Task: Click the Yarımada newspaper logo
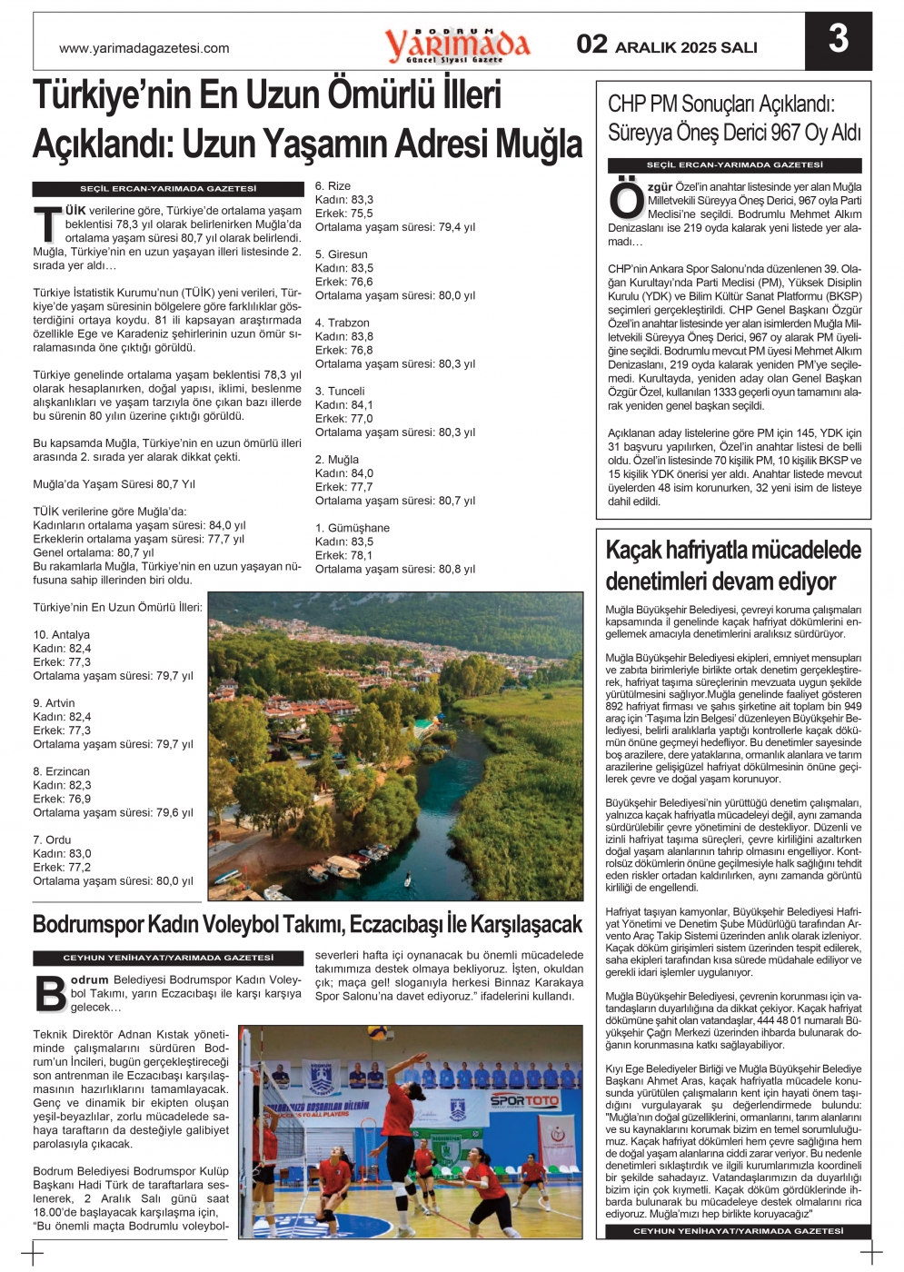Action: (457, 44)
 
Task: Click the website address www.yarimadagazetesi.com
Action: (144, 49)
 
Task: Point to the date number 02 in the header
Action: (591, 45)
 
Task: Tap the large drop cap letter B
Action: (50, 993)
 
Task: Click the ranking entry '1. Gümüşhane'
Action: (352, 528)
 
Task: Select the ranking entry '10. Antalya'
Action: (61, 635)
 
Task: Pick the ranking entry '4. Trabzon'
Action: (342, 323)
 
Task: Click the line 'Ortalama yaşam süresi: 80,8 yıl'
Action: (394, 570)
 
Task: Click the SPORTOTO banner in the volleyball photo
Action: (525, 1101)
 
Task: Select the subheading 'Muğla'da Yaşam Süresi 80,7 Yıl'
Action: (114, 484)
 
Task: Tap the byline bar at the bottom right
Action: (738, 1231)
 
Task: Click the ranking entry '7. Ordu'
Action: (52, 840)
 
